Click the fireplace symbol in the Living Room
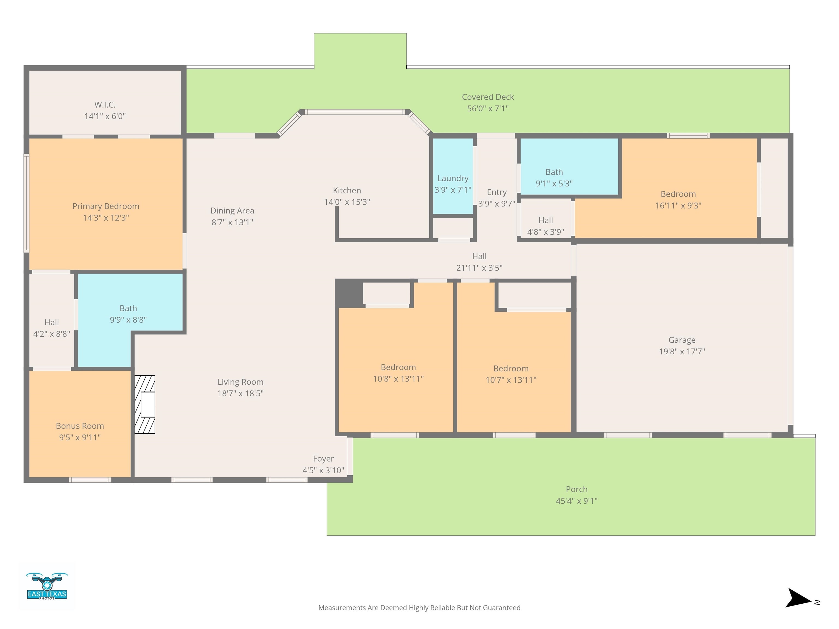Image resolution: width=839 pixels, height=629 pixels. tap(144, 405)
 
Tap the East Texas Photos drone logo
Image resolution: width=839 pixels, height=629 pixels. tap(47, 586)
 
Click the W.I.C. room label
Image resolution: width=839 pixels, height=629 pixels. tap(105, 105)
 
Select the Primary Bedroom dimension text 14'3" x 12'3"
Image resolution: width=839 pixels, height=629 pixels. tap(106, 218)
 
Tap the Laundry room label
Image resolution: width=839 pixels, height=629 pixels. tap(453, 178)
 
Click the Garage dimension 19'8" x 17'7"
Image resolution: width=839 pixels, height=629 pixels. tap(682, 351)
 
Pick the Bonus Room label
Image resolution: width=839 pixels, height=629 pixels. tap(80, 426)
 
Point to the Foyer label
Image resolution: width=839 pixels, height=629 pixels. tap(323, 459)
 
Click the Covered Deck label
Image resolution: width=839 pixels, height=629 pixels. tap(488, 97)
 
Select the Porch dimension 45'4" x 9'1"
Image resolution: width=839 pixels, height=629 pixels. tap(577, 501)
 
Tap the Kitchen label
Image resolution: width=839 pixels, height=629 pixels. tap(347, 190)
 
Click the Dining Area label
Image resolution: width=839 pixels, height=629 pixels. tap(232, 211)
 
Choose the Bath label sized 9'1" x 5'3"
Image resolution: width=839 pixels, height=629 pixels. tap(554, 172)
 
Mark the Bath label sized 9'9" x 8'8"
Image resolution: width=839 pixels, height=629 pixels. tap(128, 308)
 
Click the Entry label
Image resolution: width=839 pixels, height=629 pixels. tap(497, 192)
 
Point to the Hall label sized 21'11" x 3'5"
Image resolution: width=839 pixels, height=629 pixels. tap(479, 256)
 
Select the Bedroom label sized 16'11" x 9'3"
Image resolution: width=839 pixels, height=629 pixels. tap(678, 194)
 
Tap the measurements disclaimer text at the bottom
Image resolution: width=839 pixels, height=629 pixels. tap(419, 608)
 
